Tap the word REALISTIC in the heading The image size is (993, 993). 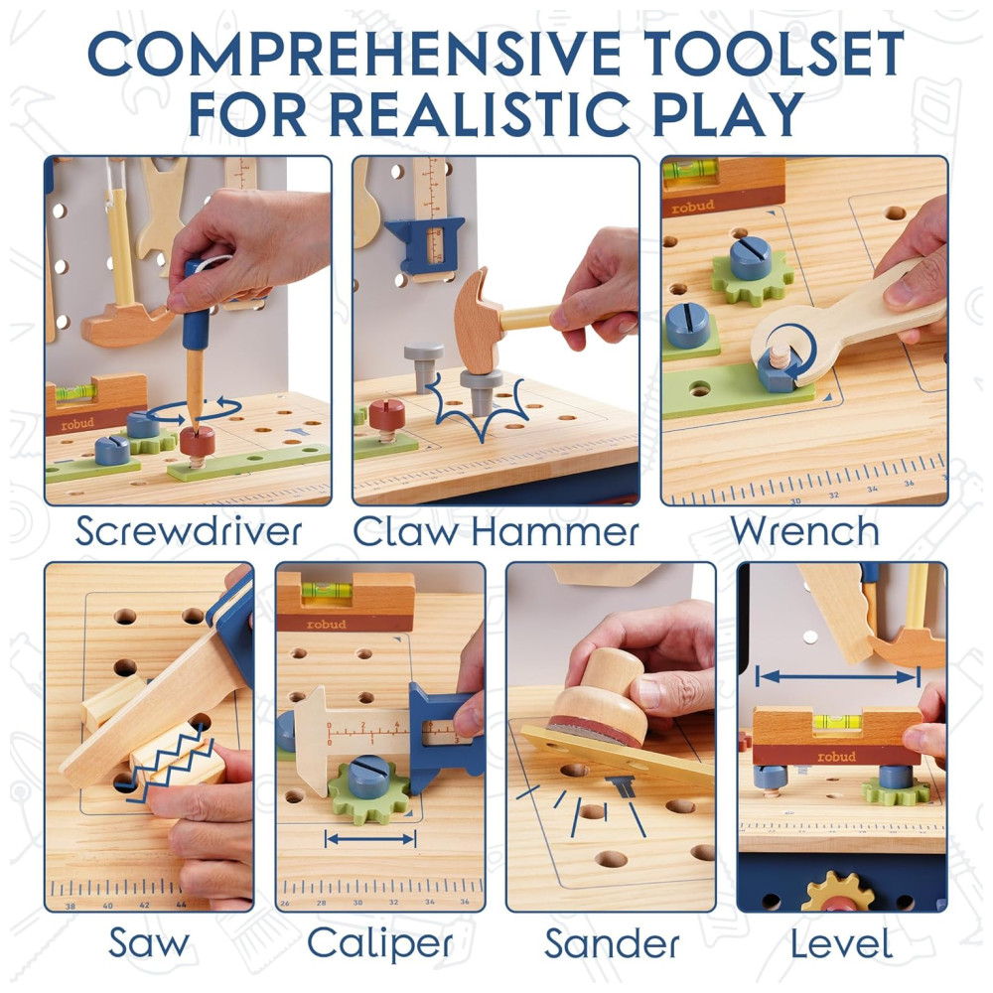click(x=480, y=114)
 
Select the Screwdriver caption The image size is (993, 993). click(x=188, y=530)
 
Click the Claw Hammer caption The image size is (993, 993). click(x=496, y=530)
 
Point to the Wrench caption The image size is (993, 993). click(x=805, y=530)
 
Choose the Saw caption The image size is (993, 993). click(x=149, y=942)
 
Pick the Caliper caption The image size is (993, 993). click(x=380, y=943)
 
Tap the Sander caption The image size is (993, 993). click(x=612, y=942)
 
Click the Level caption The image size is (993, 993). click(x=842, y=942)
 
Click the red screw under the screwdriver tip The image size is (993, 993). click(x=197, y=443)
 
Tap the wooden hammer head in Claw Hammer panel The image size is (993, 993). click(x=480, y=320)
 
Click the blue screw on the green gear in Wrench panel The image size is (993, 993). click(x=751, y=258)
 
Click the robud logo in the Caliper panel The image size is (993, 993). click(x=327, y=624)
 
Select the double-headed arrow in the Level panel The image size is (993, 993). click(x=838, y=677)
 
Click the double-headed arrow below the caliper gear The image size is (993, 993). click(x=369, y=839)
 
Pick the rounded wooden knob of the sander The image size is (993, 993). click(x=607, y=680)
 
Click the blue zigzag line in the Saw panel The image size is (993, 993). click(x=171, y=763)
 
